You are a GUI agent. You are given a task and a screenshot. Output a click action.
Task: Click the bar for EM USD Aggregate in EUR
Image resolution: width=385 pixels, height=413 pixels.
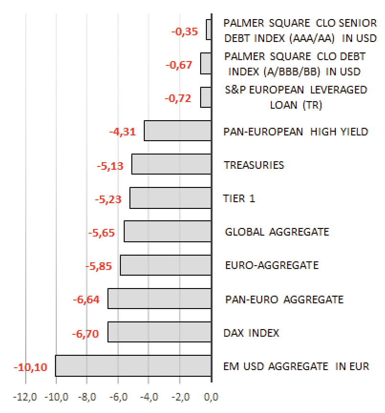click(x=133, y=366)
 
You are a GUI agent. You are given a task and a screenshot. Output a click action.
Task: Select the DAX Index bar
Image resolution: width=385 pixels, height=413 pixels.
click(x=160, y=332)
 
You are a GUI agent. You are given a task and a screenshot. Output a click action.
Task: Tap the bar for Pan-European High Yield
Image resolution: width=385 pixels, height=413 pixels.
click(x=178, y=131)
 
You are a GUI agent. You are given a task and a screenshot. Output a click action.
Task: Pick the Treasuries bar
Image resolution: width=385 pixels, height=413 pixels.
click(x=171, y=164)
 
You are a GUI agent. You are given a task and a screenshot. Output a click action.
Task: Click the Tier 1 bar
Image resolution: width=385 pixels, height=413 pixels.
click(x=171, y=198)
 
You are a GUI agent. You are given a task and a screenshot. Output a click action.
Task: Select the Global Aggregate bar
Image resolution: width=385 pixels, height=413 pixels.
click(x=168, y=231)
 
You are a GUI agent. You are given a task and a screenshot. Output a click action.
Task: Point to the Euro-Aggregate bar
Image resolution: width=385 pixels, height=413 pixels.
click(x=166, y=265)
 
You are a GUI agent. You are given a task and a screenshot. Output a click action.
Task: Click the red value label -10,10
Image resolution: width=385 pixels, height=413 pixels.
click(x=30, y=368)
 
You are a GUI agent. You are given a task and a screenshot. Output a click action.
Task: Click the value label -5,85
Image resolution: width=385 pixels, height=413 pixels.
click(x=98, y=266)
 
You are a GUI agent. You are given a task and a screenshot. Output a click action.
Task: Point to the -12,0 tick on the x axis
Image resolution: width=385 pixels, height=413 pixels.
click(x=25, y=397)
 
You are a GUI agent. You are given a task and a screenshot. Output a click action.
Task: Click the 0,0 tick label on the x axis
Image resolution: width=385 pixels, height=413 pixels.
click(x=211, y=397)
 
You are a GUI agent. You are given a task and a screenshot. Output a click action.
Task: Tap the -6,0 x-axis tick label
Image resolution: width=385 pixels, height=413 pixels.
click(x=118, y=397)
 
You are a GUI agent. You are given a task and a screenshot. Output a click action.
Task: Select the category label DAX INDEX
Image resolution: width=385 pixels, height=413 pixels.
click(x=251, y=333)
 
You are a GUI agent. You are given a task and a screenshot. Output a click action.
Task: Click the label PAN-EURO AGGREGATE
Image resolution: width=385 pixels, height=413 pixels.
click(x=284, y=299)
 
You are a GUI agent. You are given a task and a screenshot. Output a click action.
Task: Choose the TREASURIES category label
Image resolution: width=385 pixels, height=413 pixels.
click(x=254, y=165)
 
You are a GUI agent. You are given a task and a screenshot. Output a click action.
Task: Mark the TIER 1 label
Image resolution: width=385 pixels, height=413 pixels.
click(x=239, y=198)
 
